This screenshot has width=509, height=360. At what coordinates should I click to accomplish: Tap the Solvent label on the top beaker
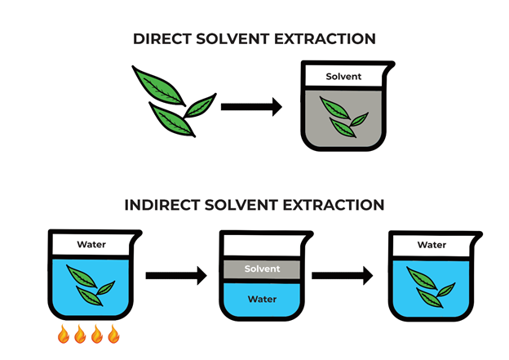tap(343, 77)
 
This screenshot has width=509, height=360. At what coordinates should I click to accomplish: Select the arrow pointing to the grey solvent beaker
tap(250, 107)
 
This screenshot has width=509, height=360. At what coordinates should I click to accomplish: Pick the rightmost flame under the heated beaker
tap(113, 335)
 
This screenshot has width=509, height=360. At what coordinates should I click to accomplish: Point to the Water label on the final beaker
tap(432, 244)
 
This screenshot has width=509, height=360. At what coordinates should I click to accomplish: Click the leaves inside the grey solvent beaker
tap(343, 116)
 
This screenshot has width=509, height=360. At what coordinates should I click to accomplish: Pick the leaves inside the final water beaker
tap(430, 285)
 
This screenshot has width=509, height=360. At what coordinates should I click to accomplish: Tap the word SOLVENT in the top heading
tap(241, 38)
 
